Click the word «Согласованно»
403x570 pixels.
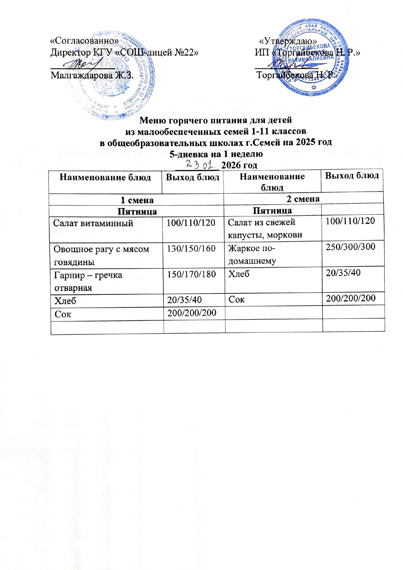click(84, 41)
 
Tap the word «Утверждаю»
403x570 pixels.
click(288, 41)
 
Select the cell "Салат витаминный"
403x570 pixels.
click(93, 223)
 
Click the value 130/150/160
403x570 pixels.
click(191, 249)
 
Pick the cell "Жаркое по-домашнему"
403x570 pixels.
click(252, 254)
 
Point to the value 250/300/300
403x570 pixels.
click(350, 247)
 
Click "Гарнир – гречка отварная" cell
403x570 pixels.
click(88, 281)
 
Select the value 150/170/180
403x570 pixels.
click(191, 274)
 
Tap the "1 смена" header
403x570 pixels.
click(137, 200)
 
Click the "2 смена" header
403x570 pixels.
click(303, 198)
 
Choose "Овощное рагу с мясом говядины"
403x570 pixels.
click(101, 255)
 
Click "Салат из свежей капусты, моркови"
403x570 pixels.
click(265, 228)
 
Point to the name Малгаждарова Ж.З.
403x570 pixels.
click(92, 75)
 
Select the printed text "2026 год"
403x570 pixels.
click(239, 165)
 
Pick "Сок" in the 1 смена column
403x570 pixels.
click(63, 314)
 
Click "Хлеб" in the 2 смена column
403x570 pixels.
click(239, 274)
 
